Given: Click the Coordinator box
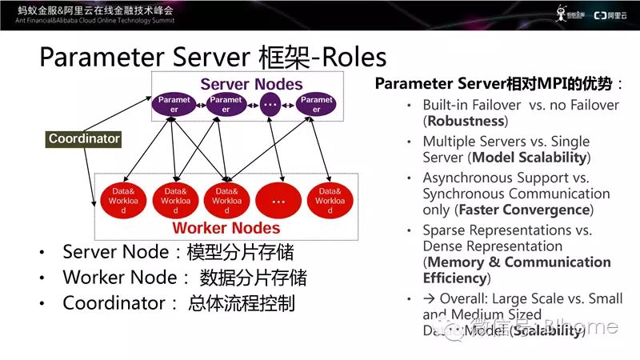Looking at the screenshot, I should (x=84, y=138).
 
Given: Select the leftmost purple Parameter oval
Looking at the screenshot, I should (x=174, y=105).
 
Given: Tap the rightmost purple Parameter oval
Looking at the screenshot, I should (x=314, y=105).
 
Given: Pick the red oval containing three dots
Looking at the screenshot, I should (x=278, y=201).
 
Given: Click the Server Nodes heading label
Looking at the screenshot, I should (x=251, y=84).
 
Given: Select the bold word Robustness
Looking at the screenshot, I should (x=466, y=121).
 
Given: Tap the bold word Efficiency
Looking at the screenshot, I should (x=454, y=278).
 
